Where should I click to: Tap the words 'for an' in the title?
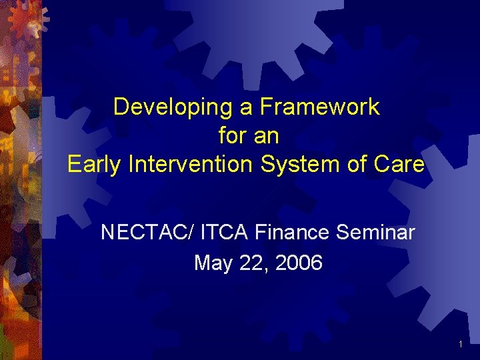pyautogui.click(x=248, y=136)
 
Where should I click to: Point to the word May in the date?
pyautogui.click(x=213, y=263)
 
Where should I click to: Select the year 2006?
pyautogui.click(x=298, y=263)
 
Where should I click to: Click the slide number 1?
pyautogui.click(x=461, y=344)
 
